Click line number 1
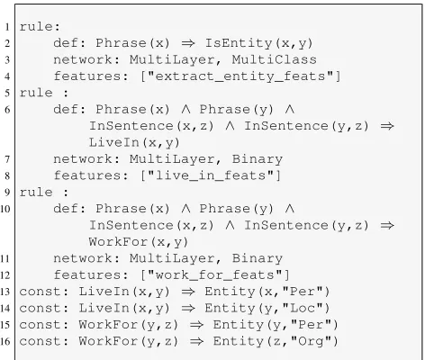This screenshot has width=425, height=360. point(7,27)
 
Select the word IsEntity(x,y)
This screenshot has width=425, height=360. point(259,43)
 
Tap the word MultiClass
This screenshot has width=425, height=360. point(275,59)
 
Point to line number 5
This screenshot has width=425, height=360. point(7,94)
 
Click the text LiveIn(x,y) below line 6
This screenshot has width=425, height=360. point(134,142)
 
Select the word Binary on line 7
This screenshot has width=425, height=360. point(258,159)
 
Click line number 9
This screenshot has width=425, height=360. point(7,193)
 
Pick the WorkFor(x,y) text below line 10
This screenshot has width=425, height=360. point(139,242)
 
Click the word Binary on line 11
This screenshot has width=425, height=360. point(258,258)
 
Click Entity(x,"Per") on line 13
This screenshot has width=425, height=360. point(267,292)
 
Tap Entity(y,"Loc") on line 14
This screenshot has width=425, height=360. point(267,308)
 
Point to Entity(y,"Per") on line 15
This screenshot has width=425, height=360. point(276,325)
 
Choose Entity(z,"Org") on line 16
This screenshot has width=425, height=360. point(276,341)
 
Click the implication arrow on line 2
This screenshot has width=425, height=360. point(188,44)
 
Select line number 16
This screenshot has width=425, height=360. point(5,342)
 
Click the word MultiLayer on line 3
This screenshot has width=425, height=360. point(172,59)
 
